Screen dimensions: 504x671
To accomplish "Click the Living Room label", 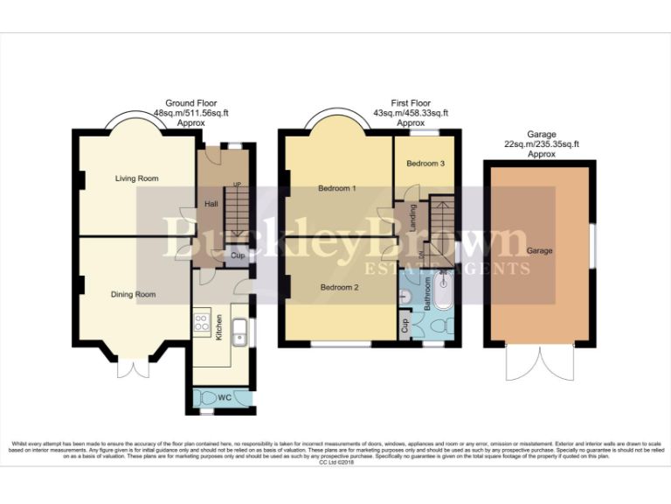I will pyautogui.click(x=137, y=178).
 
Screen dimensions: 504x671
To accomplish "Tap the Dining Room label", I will pyautogui.click(x=133, y=295).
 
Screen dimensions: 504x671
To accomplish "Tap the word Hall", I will pyautogui.click(x=211, y=204).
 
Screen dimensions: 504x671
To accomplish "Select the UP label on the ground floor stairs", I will pyautogui.click(x=236, y=185).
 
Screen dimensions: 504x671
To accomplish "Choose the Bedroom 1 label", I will pyautogui.click(x=337, y=189).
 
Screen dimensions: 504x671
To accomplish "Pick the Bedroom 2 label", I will pyautogui.click(x=338, y=287).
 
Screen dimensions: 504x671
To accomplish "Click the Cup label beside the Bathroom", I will pyautogui.click(x=405, y=327).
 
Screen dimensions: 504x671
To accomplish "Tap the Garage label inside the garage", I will pyautogui.click(x=540, y=251).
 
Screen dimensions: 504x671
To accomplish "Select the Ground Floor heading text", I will pyautogui.click(x=191, y=103).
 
